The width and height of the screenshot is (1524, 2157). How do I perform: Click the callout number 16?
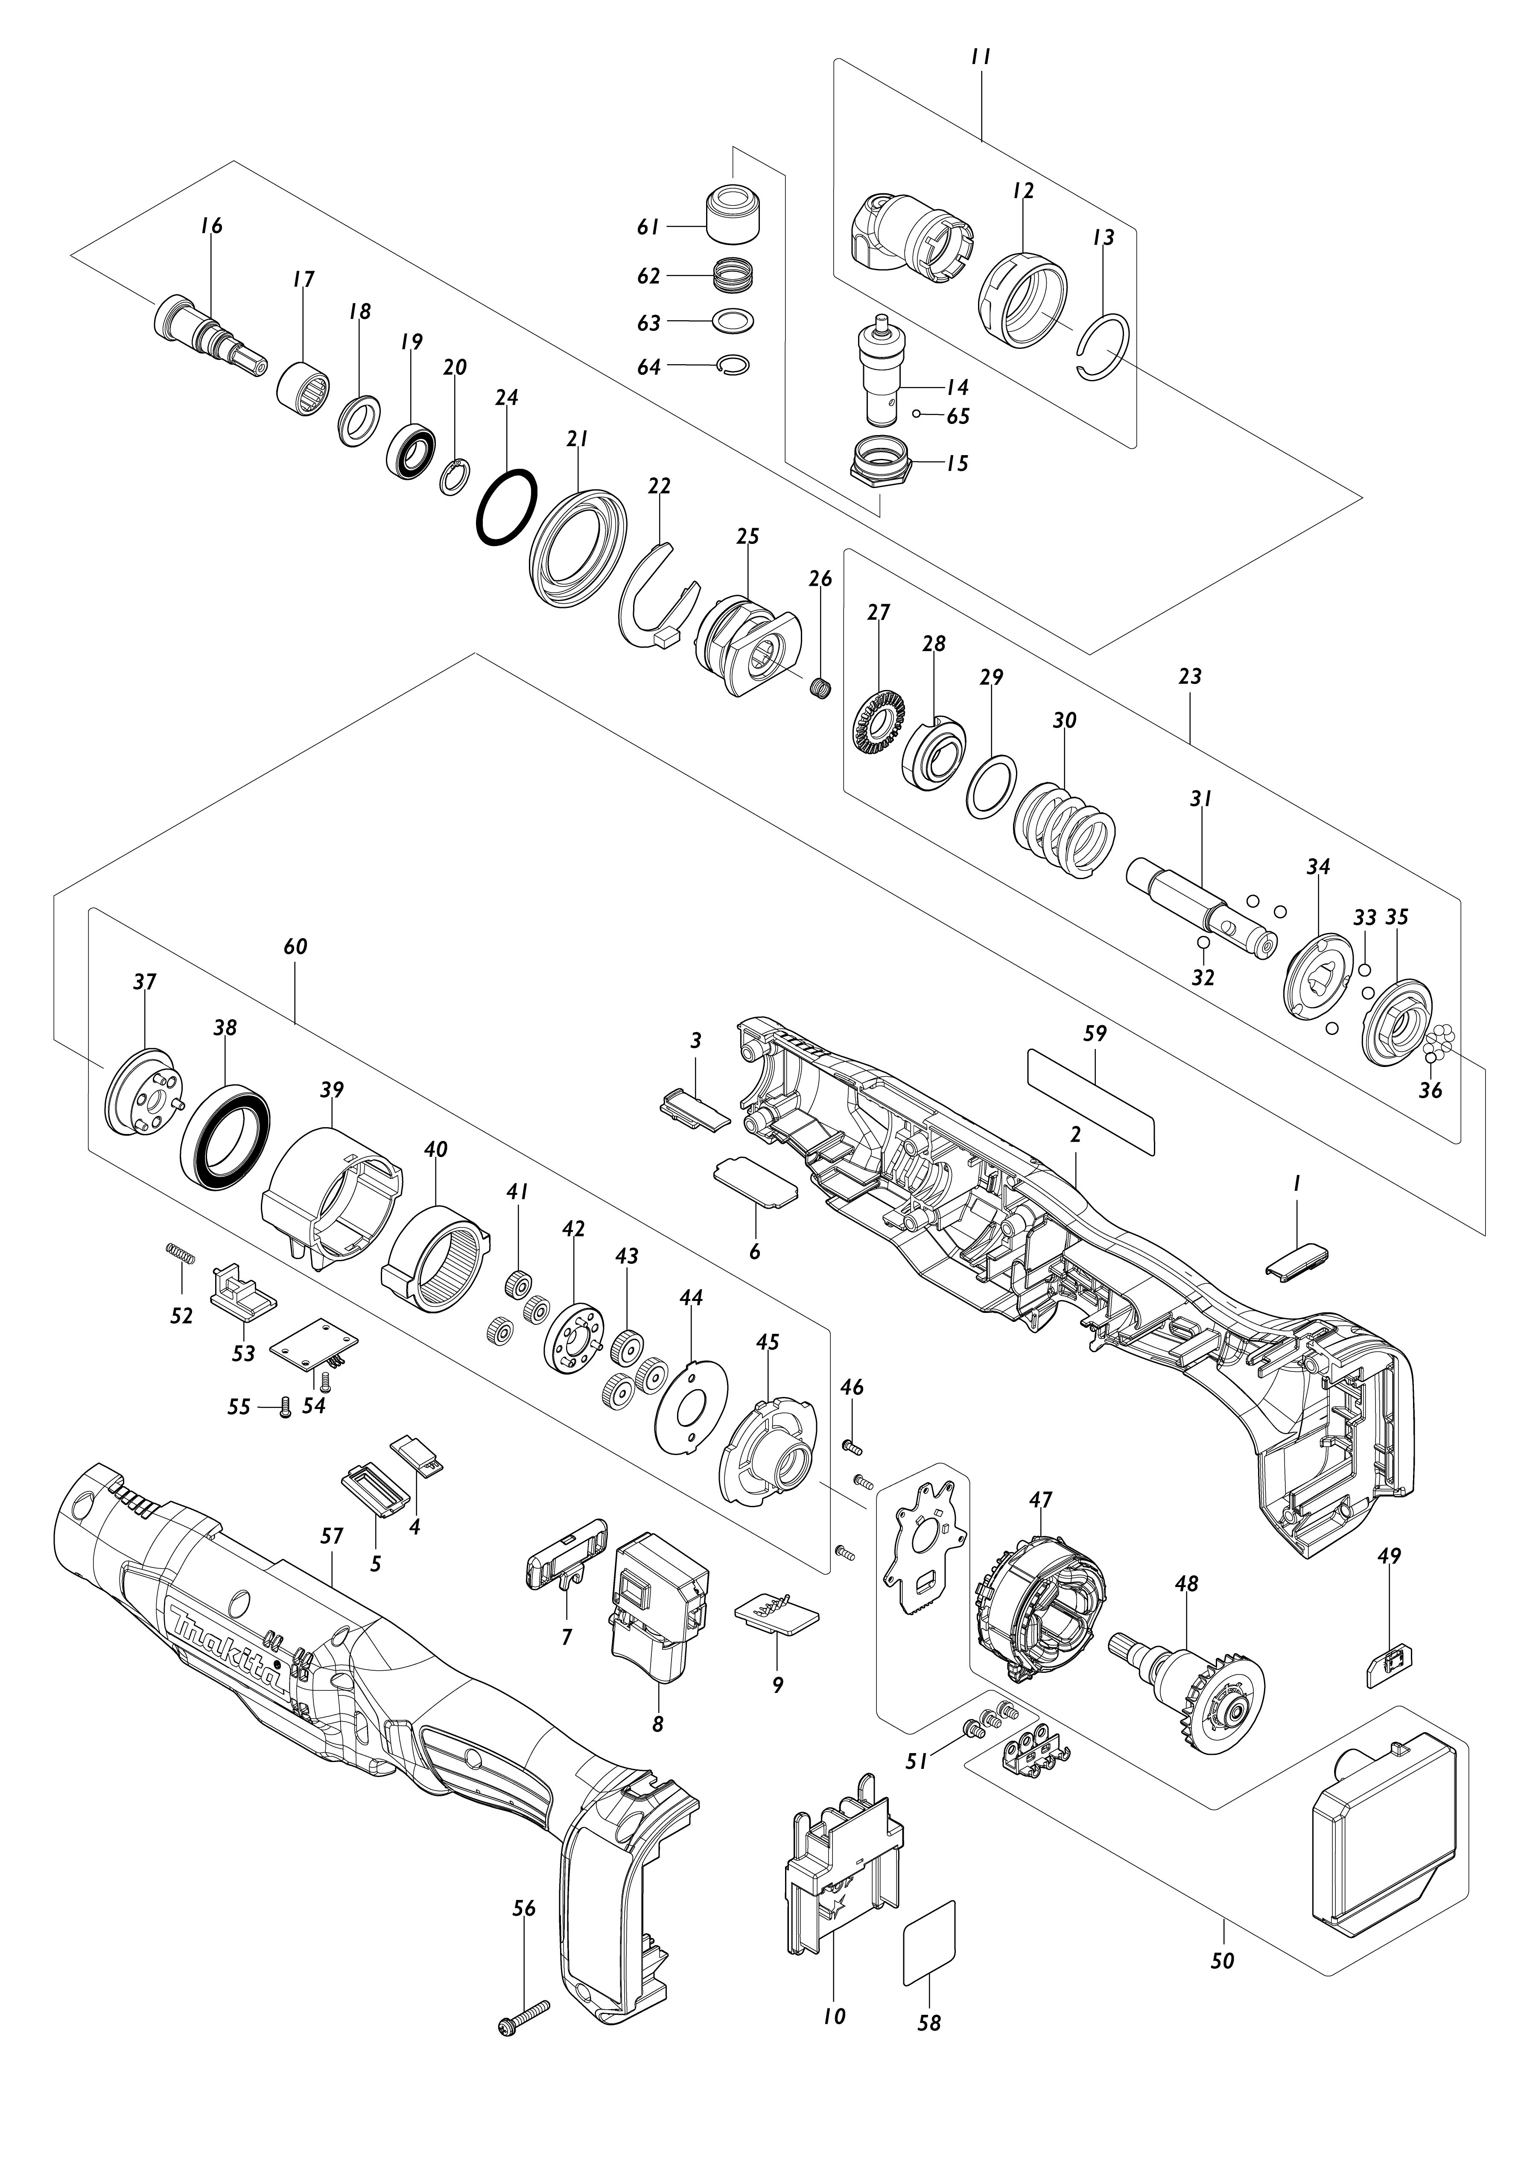point(211,225)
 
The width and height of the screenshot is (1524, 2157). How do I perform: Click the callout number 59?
point(1095,1033)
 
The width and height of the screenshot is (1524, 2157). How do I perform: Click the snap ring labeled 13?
point(1104,348)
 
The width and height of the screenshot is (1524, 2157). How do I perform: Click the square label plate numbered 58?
point(929,1943)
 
